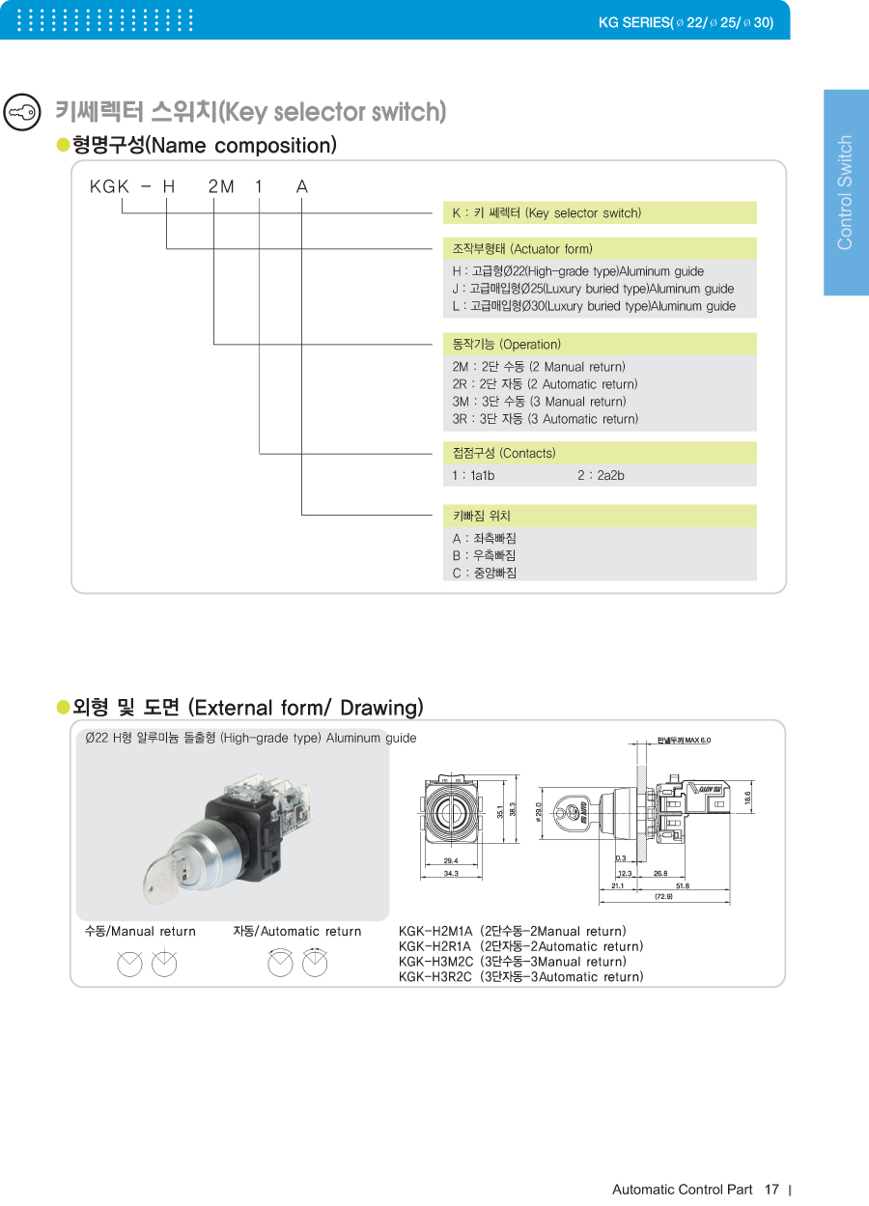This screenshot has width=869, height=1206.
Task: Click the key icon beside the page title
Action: click(x=21, y=112)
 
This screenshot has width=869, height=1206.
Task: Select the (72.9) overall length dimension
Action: click(x=663, y=896)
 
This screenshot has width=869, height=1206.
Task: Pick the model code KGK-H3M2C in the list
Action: click(x=514, y=962)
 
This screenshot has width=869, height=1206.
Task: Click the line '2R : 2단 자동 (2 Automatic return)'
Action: click(x=545, y=384)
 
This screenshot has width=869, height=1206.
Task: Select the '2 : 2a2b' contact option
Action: click(x=601, y=475)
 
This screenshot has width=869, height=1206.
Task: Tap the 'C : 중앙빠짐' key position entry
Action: click(x=485, y=573)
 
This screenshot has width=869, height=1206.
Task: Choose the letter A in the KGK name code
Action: click(x=302, y=187)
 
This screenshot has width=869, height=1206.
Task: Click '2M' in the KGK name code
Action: click(x=221, y=187)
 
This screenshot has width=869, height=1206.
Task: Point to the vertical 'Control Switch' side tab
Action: click(x=845, y=192)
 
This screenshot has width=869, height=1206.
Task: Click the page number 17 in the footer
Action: click(x=771, y=1189)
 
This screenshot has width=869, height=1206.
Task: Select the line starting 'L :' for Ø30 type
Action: click(x=594, y=306)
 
